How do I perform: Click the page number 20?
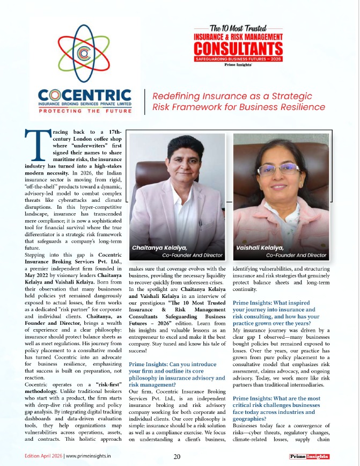(177, 457)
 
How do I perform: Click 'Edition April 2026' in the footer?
(43, 457)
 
